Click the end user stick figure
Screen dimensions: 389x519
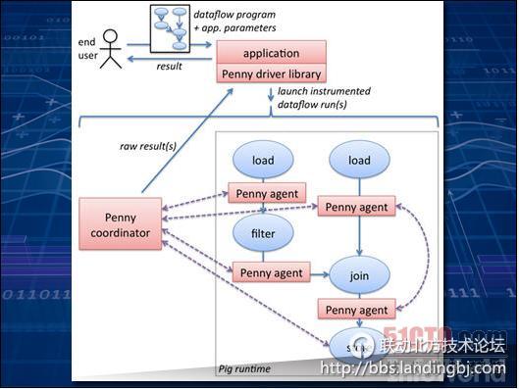(x=111, y=48)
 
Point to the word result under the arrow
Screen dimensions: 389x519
(x=170, y=66)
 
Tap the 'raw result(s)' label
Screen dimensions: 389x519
(x=147, y=146)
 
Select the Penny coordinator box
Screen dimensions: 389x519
(x=121, y=222)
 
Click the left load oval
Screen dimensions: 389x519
(x=262, y=161)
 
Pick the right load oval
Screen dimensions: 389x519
(x=358, y=161)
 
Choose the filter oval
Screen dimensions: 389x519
(x=262, y=234)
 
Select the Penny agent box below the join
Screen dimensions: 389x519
(x=357, y=310)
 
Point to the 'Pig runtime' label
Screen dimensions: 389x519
(x=244, y=368)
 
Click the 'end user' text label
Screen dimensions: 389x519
(x=87, y=49)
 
